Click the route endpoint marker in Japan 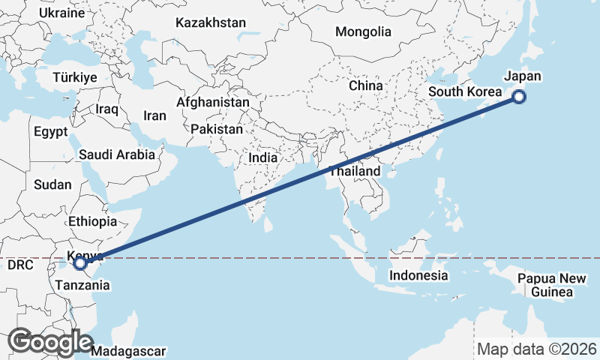pos(519,96)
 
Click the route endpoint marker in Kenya pos(80,263)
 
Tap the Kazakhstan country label pos(211,23)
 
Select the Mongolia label pos(364,32)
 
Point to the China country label pos(366,85)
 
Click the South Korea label pos(465,92)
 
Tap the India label pos(263,158)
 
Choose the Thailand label pos(353,172)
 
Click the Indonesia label pos(418,275)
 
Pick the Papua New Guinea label pos(552,285)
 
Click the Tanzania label pos(82,286)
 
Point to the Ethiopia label pos(92,221)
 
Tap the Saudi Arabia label pos(117,155)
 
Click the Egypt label pos(51,131)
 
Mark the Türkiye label pos(75,78)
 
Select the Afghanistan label pos(213,102)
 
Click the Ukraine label pos(61,13)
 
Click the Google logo pos(50,342)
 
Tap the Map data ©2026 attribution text pos(536,349)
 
